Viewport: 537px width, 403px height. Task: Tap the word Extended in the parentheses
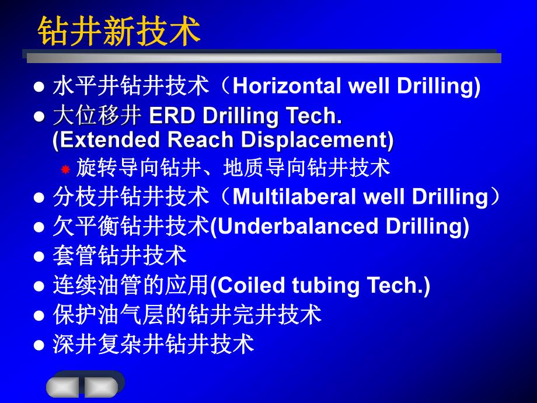100,140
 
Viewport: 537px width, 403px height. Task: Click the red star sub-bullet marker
65,169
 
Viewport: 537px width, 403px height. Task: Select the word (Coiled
238,285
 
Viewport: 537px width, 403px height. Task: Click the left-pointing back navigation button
63,386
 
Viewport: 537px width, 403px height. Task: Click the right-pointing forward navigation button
101,386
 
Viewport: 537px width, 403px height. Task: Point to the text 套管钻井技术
120,256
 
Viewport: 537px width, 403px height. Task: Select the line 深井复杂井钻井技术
154,343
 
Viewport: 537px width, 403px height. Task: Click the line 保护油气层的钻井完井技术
187,314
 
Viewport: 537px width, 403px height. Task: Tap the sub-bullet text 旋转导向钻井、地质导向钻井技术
232,169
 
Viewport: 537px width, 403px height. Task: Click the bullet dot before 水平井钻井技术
39,88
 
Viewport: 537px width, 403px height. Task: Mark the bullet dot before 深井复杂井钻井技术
39,345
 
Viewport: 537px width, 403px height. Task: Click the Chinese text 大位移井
97,116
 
